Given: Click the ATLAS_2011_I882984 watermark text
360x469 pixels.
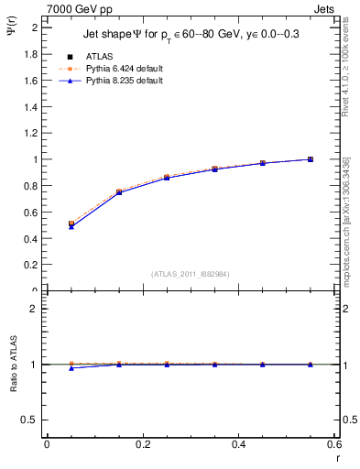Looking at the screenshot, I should pos(191,273).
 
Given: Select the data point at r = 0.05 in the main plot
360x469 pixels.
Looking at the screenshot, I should pos(71,224).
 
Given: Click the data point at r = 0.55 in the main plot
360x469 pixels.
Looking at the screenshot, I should pos(311,159).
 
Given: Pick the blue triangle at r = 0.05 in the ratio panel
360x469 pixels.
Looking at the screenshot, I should pos(71,367).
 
